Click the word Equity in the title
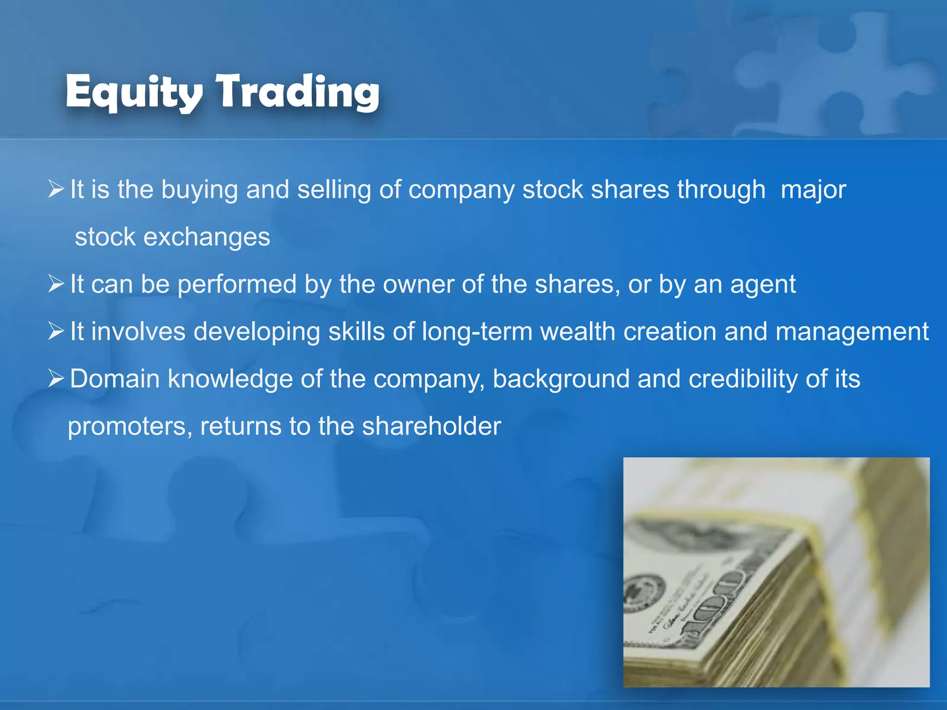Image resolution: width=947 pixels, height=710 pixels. coord(134,92)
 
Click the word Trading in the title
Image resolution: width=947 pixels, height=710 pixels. coord(298,92)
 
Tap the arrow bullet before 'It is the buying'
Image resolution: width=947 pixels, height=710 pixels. coord(56,189)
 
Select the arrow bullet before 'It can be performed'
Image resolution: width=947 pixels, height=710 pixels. coord(56,284)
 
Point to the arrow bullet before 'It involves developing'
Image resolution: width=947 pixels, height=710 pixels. coord(56,331)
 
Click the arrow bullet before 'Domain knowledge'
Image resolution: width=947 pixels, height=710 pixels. coord(56,379)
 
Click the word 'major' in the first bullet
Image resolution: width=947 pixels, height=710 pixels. coord(813,190)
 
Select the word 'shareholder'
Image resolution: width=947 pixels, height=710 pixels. coord(431,426)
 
